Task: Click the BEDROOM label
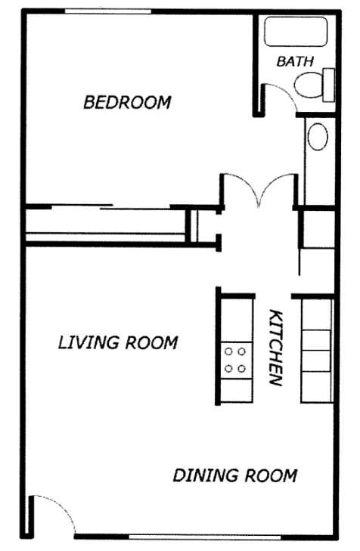click(127, 102)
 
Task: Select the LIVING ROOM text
click(118, 343)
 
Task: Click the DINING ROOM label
click(234, 476)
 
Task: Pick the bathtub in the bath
click(294, 33)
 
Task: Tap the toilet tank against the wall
click(329, 84)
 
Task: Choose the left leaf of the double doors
click(241, 189)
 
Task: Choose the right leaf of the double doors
click(277, 189)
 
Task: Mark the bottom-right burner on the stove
click(243, 369)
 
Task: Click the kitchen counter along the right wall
click(316, 349)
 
